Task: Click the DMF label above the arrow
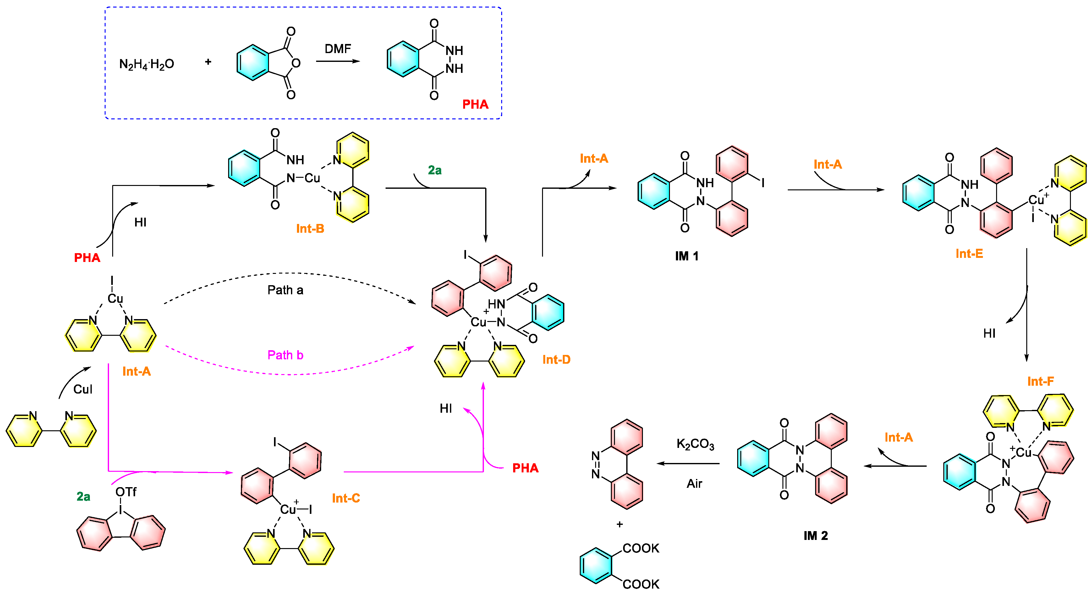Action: pyautogui.click(x=337, y=49)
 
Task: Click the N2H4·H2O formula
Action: pyautogui.click(x=146, y=64)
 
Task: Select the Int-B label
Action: pyautogui.click(x=310, y=229)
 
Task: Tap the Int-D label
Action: pyautogui.click(x=556, y=359)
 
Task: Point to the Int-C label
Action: pyautogui.click(x=346, y=498)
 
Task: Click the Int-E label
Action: pyautogui.click(x=969, y=253)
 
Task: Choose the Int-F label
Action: pyautogui.click(x=1040, y=381)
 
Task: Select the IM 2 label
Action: pyautogui.click(x=815, y=536)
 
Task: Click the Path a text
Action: pyautogui.click(x=285, y=290)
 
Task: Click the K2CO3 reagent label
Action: pyautogui.click(x=695, y=444)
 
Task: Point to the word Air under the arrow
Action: pyautogui.click(x=694, y=483)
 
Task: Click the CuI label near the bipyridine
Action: pyautogui.click(x=83, y=389)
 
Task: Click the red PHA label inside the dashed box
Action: pyautogui.click(x=475, y=104)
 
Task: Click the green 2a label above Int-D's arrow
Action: pyautogui.click(x=435, y=170)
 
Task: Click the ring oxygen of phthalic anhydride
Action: pyautogui.click(x=296, y=63)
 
